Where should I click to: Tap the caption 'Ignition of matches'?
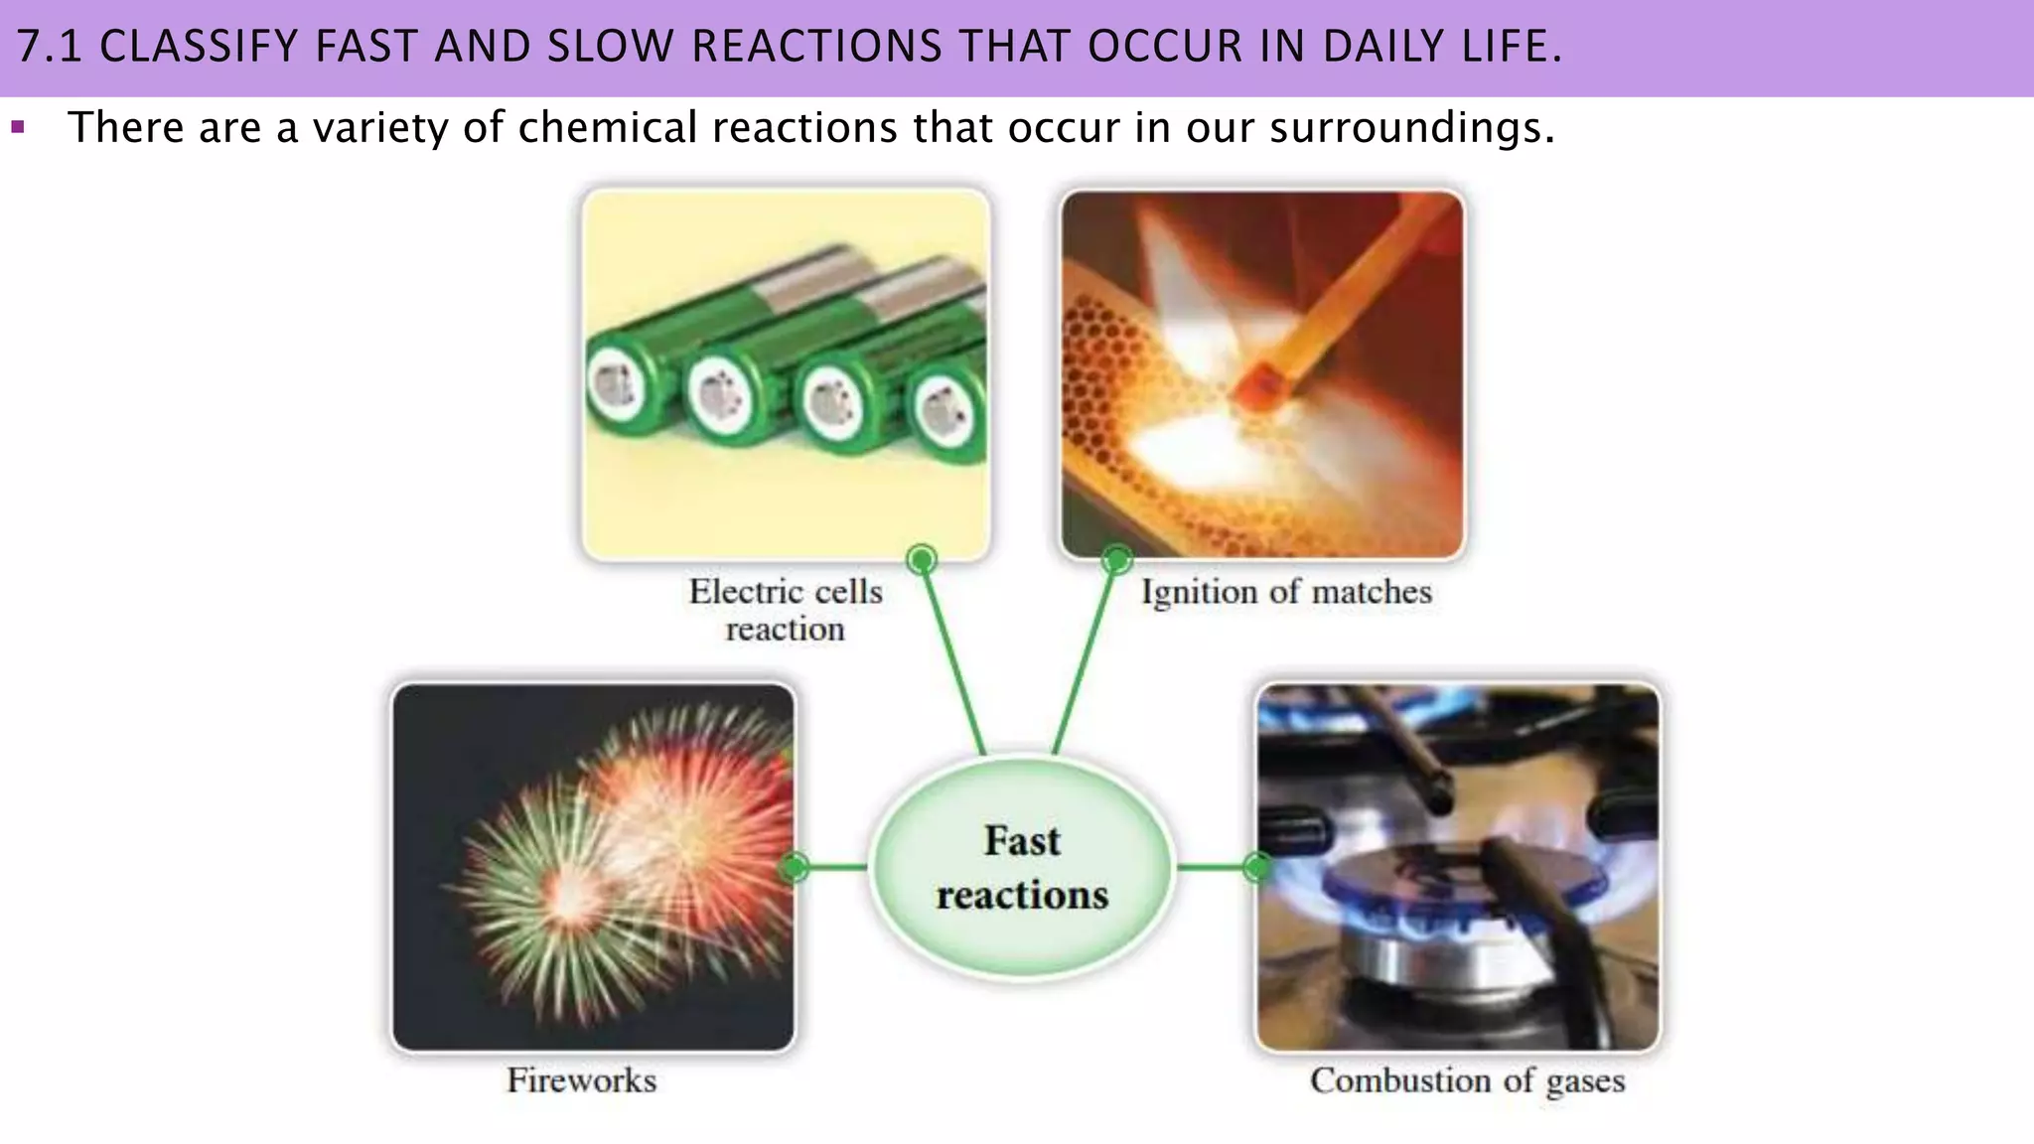coord(1286,592)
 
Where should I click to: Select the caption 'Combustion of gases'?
coord(1467,1080)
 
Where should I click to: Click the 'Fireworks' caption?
coord(582,1080)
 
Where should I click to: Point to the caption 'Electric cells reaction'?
coord(786,610)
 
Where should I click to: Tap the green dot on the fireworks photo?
coord(795,868)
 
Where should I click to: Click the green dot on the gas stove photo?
coord(1257,868)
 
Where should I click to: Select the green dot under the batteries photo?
coord(922,560)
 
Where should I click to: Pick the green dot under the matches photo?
coord(1117,560)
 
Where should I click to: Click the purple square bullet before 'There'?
coord(17,127)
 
